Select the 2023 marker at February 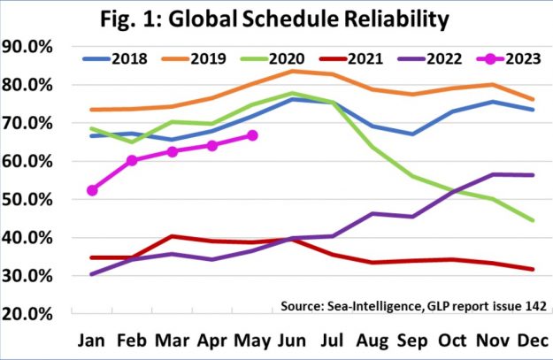click(x=132, y=160)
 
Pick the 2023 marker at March click(x=173, y=152)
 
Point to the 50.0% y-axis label click(x=30, y=200)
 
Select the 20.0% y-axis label click(x=30, y=314)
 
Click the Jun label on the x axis click(x=293, y=341)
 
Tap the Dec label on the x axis click(x=534, y=341)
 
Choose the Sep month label click(x=413, y=341)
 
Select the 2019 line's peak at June click(x=293, y=71)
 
